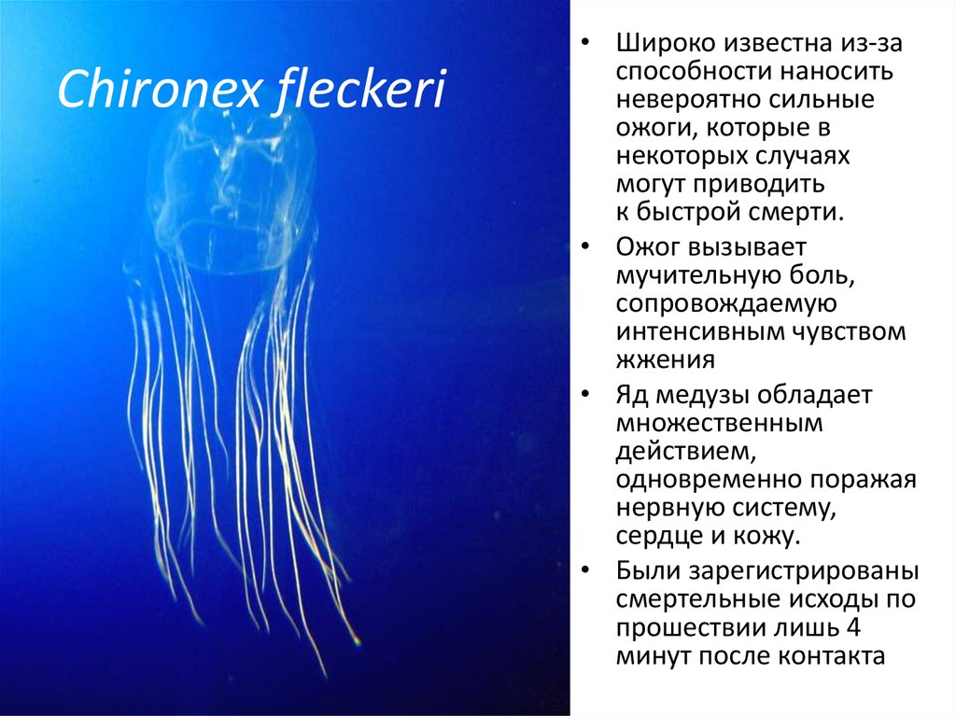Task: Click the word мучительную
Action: pyautogui.click(x=702, y=276)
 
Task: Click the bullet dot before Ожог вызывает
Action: pyautogui.click(x=584, y=248)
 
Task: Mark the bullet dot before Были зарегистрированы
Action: pyautogui.click(x=584, y=570)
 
